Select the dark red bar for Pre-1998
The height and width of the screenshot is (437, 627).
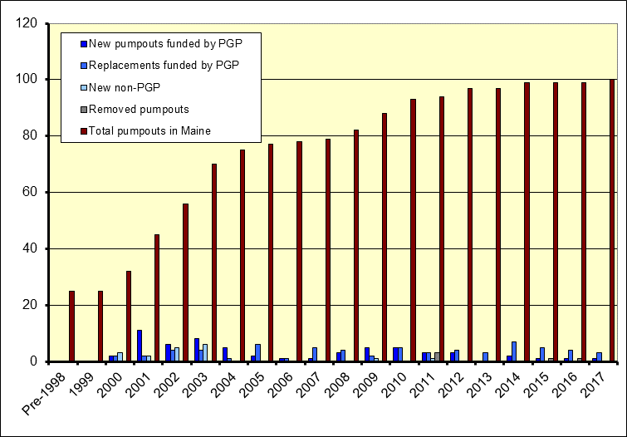(72, 326)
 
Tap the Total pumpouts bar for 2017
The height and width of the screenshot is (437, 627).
(612, 220)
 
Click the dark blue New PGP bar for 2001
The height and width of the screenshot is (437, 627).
(140, 346)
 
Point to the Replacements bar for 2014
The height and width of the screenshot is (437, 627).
(514, 351)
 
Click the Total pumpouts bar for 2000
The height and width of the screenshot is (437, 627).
(129, 316)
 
